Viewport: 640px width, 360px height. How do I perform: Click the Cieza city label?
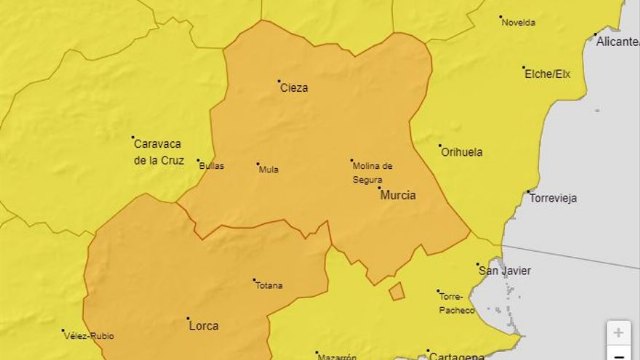(x=293, y=88)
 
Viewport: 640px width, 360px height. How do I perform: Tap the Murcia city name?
(x=397, y=195)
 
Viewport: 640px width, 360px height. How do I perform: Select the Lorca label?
(x=203, y=325)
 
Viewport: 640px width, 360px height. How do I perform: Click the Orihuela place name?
(x=461, y=152)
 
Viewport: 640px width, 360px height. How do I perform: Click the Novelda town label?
(x=518, y=22)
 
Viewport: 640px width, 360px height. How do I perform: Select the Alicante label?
(x=617, y=42)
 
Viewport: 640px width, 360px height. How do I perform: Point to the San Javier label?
(x=505, y=271)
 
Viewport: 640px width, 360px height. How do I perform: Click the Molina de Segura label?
(x=372, y=172)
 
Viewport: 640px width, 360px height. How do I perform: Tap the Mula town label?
(x=268, y=169)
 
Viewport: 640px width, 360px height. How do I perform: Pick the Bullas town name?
(x=211, y=166)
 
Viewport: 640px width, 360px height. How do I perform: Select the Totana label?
(x=268, y=285)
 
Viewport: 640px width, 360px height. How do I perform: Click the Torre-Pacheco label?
(x=451, y=303)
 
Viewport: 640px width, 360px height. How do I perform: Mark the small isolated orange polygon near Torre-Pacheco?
(x=397, y=291)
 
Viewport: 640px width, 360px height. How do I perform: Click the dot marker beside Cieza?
(x=279, y=81)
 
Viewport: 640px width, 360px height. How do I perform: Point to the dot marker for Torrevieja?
(x=529, y=192)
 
